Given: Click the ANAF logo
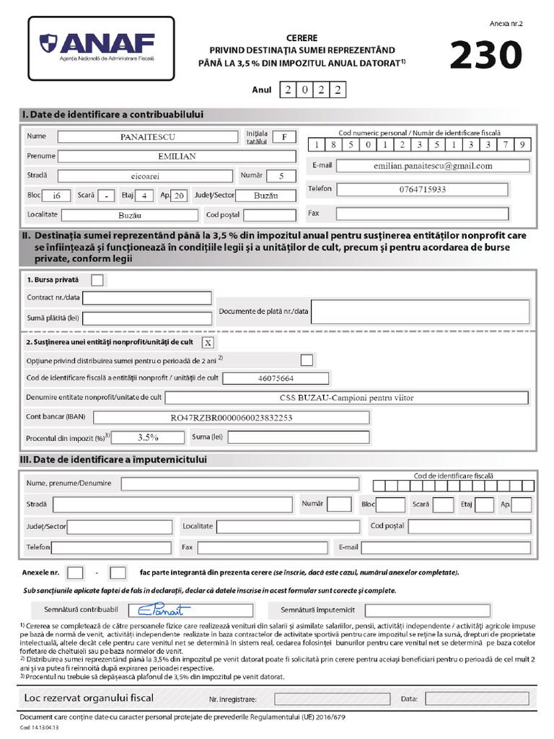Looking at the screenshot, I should (x=101, y=48).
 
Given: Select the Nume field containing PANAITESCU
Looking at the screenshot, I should (x=147, y=136).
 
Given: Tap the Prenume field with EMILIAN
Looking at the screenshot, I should (x=177, y=156).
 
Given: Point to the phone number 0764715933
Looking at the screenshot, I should (x=423, y=189).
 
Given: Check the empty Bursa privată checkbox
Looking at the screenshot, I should (x=97, y=279).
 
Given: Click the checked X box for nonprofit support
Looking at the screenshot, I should (x=208, y=342).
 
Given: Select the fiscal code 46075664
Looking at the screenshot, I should (x=276, y=378).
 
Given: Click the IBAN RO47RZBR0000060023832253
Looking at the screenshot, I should (x=231, y=417).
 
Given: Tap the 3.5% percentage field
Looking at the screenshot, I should (x=148, y=437).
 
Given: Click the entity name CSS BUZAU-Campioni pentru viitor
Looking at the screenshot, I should (x=346, y=398).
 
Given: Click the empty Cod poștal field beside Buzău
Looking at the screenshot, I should (x=269, y=214).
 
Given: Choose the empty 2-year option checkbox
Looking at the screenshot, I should (x=307, y=359).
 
